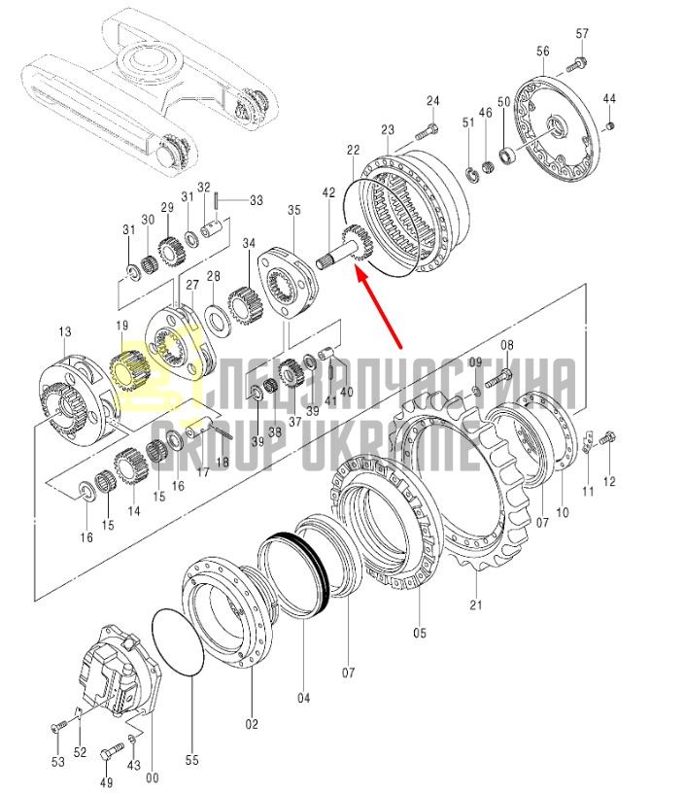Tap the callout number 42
coord(328,192)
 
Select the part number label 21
coord(476,604)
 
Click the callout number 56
coord(543,52)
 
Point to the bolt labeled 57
coord(577,64)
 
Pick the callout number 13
coord(65,332)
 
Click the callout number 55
coord(192,761)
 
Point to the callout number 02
coord(252,725)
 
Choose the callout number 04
coord(303,699)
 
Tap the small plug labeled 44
coord(610,125)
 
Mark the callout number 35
coord(294,210)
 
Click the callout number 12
coord(609,482)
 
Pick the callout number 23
coord(388,129)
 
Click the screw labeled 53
coord(58,728)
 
